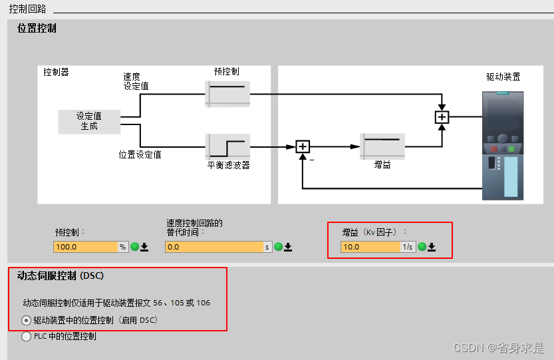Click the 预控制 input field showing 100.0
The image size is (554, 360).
[x=85, y=247]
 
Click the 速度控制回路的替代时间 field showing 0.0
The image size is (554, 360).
[x=213, y=247]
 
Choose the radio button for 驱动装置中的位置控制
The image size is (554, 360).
[x=26, y=320]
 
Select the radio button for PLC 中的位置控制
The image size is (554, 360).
[x=26, y=336]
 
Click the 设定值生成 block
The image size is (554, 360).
[x=89, y=121]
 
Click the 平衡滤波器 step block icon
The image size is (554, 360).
[x=227, y=145]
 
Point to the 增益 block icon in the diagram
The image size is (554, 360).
[x=382, y=145]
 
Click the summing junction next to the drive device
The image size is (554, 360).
[x=442, y=118]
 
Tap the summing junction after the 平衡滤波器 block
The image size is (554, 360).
[x=303, y=146]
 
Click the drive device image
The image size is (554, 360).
[x=503, y=145]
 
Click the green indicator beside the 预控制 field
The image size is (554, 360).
[x=134, y=247]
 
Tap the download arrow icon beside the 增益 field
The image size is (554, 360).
[x=432, y=247]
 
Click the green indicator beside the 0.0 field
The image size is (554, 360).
[x=278, y=247]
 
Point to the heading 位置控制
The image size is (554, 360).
[x=37, y=28]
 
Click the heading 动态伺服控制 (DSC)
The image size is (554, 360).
[x=61, y=275]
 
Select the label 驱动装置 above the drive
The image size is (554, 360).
[x=503, y=77]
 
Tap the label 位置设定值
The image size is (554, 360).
[x=140, y=154]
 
